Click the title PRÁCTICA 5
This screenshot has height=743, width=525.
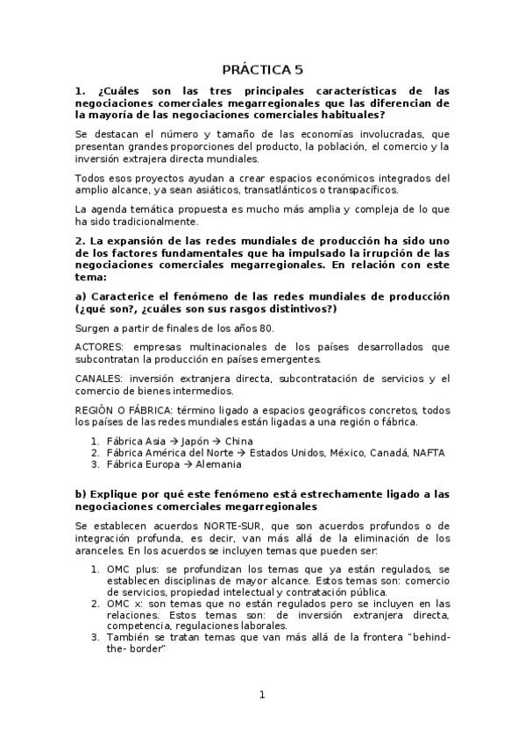pyautogui.click(x=261, y=69)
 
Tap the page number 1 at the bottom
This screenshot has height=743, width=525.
pyautogui.click(x=261, y=695)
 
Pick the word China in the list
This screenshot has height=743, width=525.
pyautogui.click(x=238, y=441)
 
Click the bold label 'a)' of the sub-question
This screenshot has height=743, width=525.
pyautogui.click(x=80, y=297)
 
